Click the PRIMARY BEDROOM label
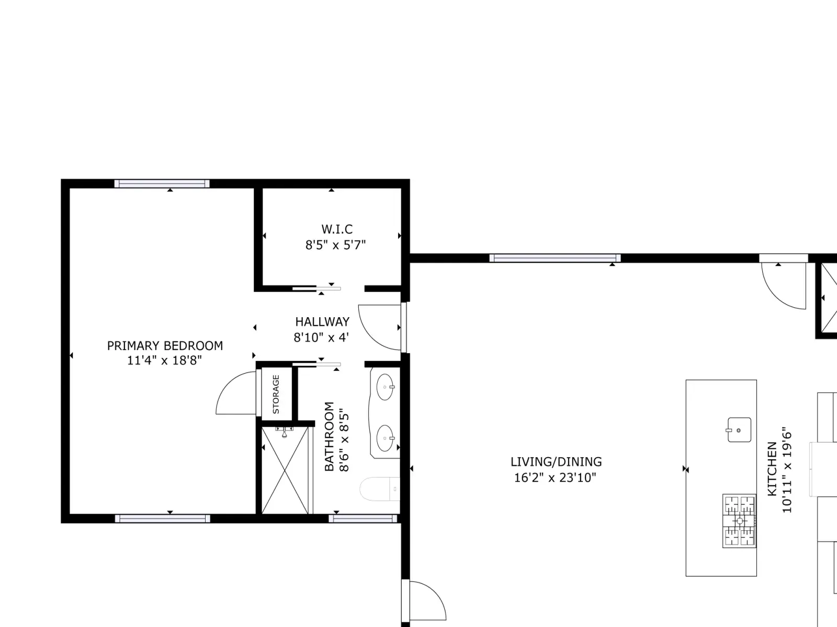tap(165, 346)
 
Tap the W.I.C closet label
tap(337, 229)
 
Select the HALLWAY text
tap(322, 322)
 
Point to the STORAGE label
tap(276, 394)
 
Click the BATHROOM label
tap(329, 436)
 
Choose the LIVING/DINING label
tap(556, 462)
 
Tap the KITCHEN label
tap(772, 469)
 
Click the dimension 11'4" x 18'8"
tap(164, 360)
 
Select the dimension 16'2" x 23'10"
tap(555, 478)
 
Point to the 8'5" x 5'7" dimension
tap(335, 245)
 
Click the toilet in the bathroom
tap(380, 489)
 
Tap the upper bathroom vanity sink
tap(385, 387)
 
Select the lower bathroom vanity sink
tap(385, 438)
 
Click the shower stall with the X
tap(285, 471)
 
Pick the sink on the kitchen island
tap(739, 430)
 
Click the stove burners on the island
tap(739, 521)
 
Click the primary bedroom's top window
tap(162, 184)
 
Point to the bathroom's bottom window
tap(363, 518)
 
